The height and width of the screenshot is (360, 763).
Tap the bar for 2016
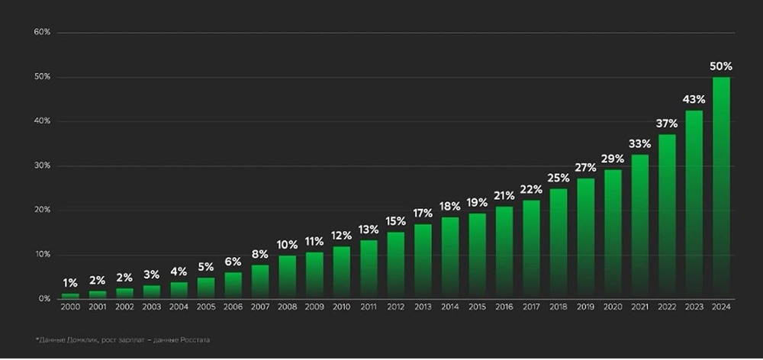click(x=504, y=252)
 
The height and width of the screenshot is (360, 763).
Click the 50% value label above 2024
click(x=721, y=66)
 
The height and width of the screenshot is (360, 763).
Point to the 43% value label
click(x=694, y=99)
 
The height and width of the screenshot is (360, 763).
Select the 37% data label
click(x=667, y=124)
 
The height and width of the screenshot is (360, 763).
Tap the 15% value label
click(x=395, y=221)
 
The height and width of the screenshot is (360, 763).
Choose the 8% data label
click(x=259, y=253)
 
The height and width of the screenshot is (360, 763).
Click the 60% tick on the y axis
click(x=42, y=32)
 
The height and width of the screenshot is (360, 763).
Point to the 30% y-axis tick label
click(x=42, y=166)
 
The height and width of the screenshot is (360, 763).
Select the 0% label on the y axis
click(x=44, y=298)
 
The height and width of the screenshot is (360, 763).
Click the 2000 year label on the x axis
click(x=70, y=307)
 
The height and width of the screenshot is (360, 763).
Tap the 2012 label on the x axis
click(x=395, y=307)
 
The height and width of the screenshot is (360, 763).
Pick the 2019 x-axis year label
click(x=585, y=307)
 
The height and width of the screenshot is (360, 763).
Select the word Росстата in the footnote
click(x=194, y=339)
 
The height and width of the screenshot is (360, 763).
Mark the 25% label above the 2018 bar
click(x=558, y=178)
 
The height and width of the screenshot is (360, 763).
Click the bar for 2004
click(x=179, y=290)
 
